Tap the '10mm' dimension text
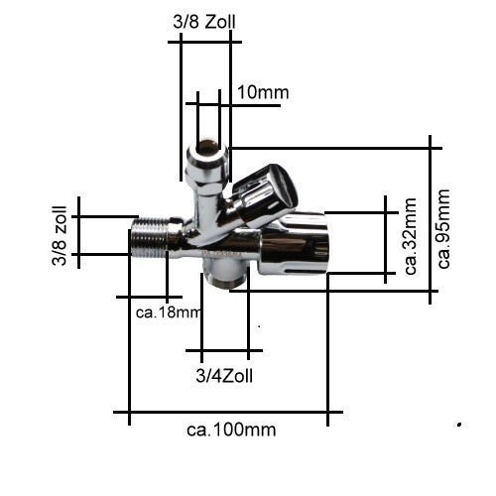click(263, 93)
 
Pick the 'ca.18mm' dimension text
click(169, 312)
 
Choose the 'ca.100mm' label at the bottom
click(231, 430)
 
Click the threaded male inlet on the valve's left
click(148, 239)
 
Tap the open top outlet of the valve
click(208, 152)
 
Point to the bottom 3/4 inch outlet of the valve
click(224, 274)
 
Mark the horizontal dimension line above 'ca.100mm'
click(228, 412)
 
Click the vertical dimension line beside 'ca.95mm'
click(432, 218)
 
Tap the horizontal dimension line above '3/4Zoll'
click(224, 350)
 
